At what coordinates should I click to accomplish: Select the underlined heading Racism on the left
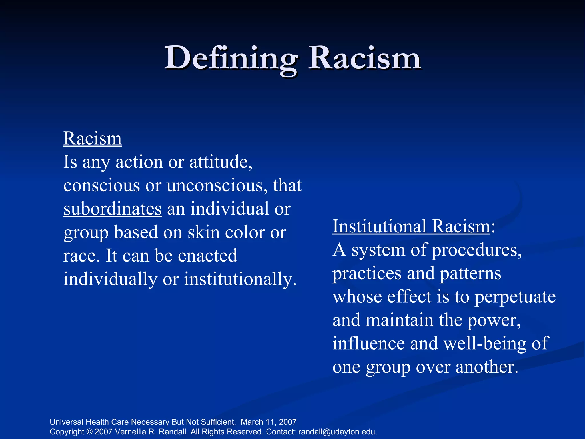93,139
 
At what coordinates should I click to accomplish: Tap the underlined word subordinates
113,209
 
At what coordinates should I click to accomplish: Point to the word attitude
221,162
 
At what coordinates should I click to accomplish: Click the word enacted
207,256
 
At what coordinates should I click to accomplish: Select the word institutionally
240,279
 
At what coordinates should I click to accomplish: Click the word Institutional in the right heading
380,226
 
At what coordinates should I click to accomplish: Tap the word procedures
476,250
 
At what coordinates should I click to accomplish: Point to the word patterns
470,274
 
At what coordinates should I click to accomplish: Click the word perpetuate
515,297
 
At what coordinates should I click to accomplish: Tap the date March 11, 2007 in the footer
269,422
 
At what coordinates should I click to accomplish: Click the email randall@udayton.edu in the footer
337,432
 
